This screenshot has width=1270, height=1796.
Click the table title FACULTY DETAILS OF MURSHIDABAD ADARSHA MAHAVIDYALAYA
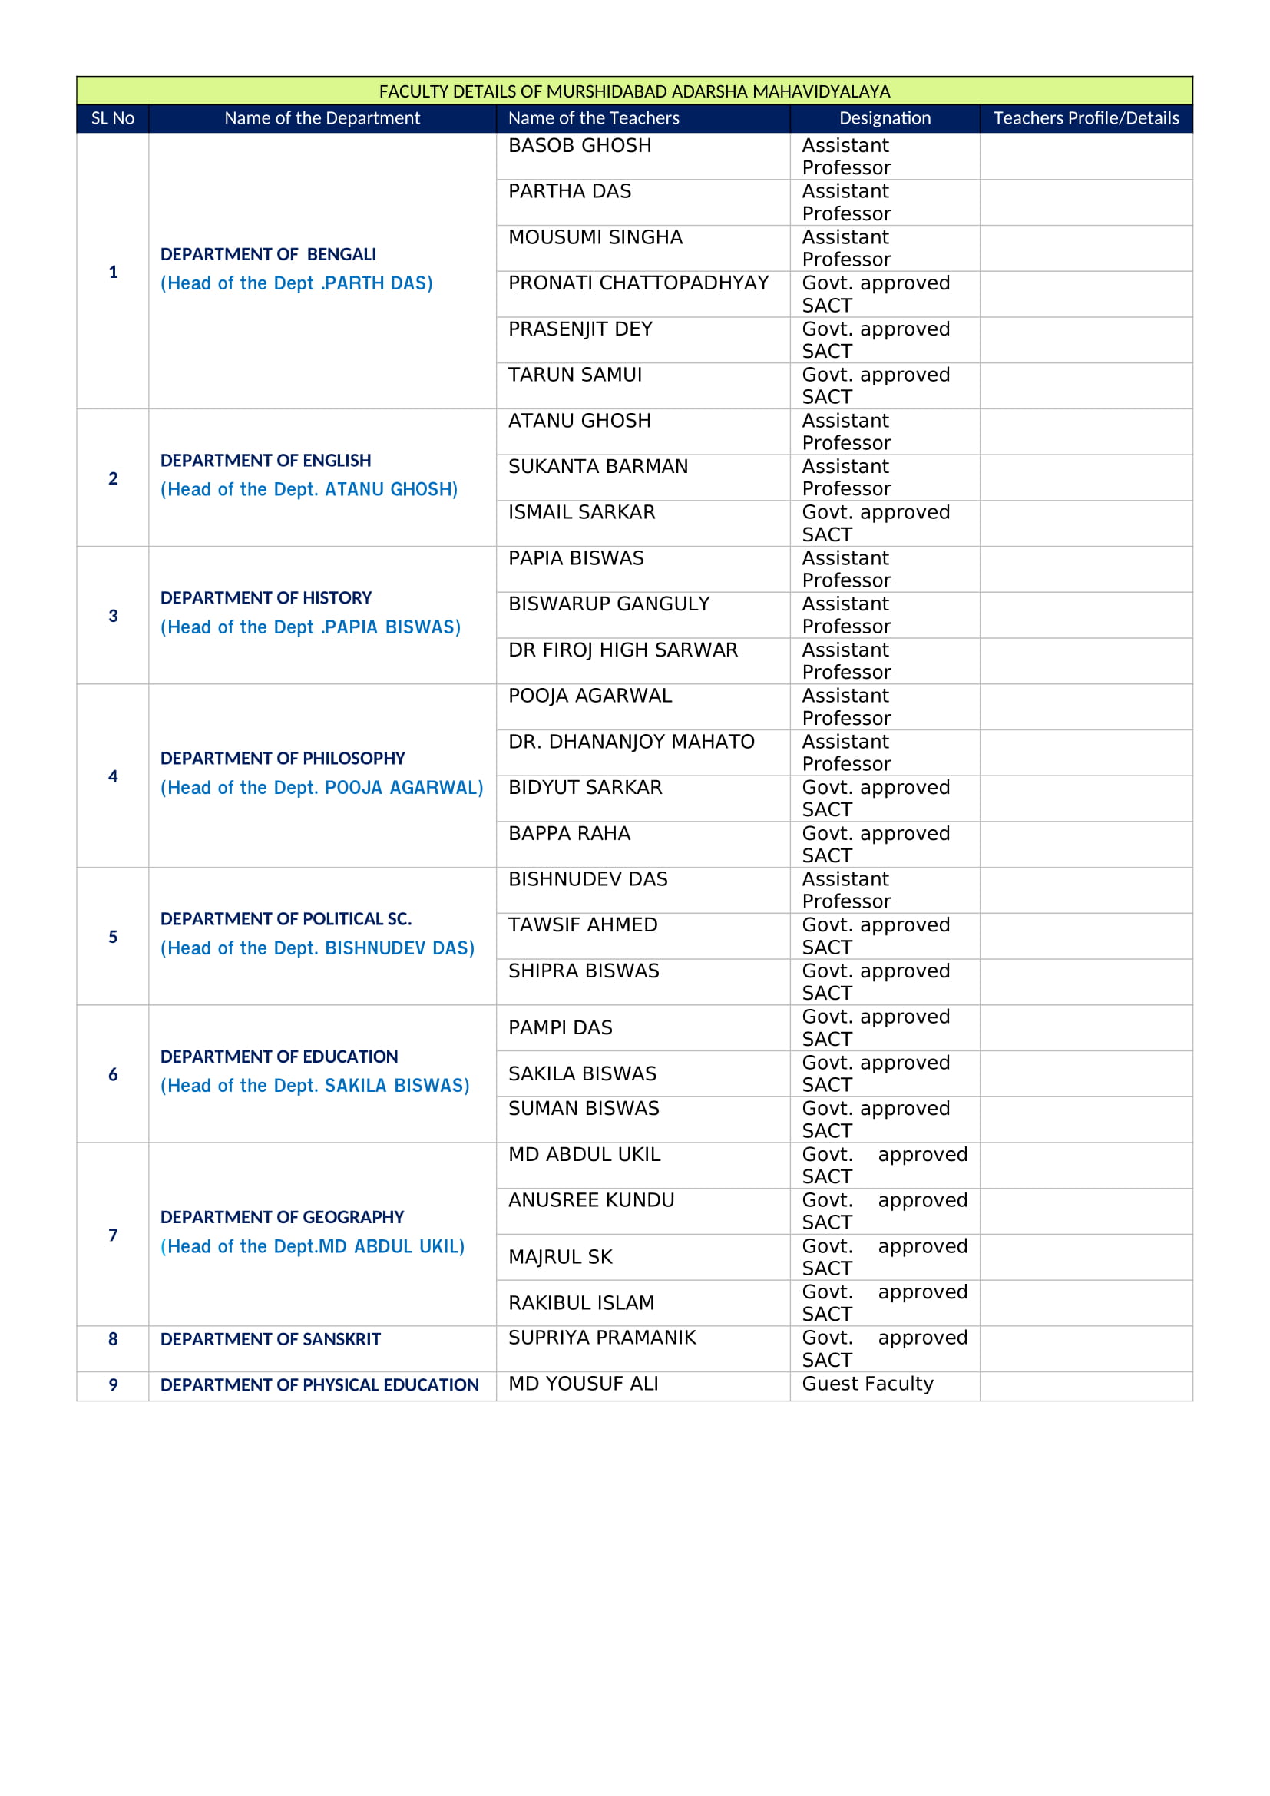coord(634,91)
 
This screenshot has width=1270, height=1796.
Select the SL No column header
coord(113,118)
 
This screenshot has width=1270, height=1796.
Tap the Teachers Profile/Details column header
coord(1086,118)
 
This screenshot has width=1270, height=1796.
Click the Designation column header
coord(885,118)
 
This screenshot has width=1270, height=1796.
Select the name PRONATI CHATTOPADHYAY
coord(638,283)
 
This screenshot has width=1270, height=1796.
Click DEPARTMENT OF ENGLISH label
coord(266,461)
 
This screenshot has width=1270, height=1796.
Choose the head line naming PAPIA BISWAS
coord(310,627)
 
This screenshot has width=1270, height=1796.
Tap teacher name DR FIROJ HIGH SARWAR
coord(623,650)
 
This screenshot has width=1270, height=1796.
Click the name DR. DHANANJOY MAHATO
coord(631,742)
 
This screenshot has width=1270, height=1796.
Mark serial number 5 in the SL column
coord(113,937)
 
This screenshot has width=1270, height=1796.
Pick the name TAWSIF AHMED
coord(583,925)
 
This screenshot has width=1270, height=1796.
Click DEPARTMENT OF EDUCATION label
coord(279,1057)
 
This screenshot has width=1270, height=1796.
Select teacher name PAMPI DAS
coord(560,1028)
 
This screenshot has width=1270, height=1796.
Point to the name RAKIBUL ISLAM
coord(581,1303)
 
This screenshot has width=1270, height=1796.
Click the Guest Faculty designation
coord(867,1384)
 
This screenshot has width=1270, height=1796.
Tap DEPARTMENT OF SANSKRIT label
coord(270,1339)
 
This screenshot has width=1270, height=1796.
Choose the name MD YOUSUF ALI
coord(584,1384)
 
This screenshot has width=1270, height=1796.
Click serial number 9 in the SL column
coord(113,1385)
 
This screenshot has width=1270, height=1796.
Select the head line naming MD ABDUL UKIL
coord(312,1247)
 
